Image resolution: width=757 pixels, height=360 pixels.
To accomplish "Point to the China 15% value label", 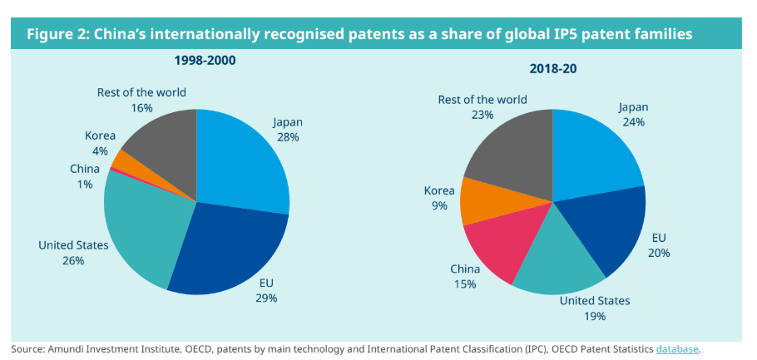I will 465,284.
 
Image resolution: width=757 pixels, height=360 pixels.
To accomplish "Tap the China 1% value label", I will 85,184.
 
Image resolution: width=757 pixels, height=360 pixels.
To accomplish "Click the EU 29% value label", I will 267,297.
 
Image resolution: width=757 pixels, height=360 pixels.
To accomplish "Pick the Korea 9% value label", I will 438,205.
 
